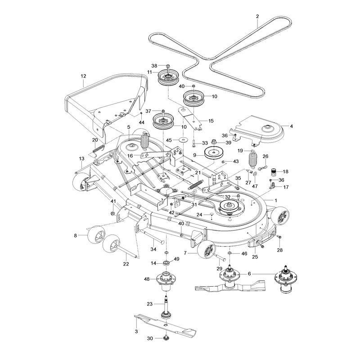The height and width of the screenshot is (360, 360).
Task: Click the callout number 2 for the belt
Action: pos(257,16)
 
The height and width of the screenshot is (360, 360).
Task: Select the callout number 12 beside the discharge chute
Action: pos(83,76)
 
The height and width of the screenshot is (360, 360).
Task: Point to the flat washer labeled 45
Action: pos(183,140)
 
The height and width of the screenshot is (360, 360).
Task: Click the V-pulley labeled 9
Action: pos(213,153)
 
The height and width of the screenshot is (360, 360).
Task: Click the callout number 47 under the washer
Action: pos(255,186)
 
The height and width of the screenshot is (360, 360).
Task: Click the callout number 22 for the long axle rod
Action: pos(126,264)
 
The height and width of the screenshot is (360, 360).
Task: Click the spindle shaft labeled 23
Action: pos(166,307)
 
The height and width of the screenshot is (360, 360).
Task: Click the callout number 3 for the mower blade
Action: pos(136,331)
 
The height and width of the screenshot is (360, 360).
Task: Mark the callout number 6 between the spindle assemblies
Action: pos(249,274)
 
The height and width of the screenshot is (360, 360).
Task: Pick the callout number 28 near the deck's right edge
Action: pos(279,250)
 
